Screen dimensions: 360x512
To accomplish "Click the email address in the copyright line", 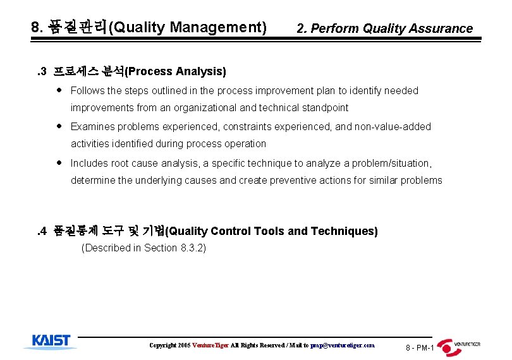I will click(342, 345).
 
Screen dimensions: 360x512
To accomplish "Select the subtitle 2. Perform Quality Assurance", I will click(384, 28).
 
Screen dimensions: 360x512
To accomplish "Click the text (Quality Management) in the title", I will click(188, 27).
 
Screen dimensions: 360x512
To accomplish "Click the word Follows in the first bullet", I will click(87, 91).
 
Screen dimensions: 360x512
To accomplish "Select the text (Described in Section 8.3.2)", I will click(144, 248).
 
